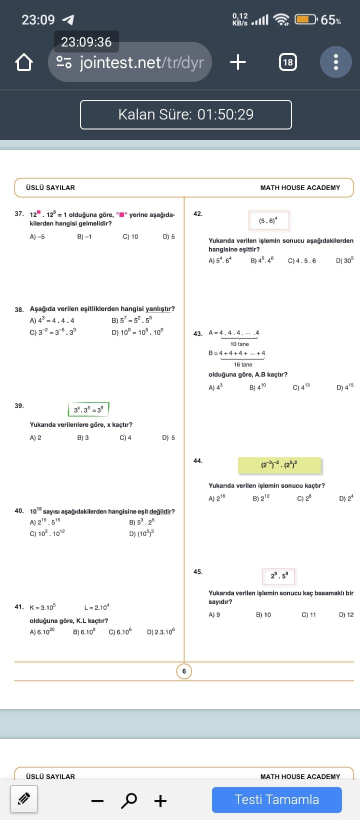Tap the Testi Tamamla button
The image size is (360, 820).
[x=276, y=799]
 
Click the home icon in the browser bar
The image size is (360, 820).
[x=23, y=62]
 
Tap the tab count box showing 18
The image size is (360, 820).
[x=287, y=62]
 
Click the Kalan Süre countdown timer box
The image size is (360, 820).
[x=185, y=114]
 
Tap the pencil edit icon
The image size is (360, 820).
[x=24, y=799]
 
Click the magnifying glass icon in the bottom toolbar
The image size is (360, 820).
[x=129, y=800]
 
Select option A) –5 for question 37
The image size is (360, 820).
[x=37, y=236]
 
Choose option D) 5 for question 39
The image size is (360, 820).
[x=168, y=437]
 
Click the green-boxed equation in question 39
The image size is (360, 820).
[x=88, y=409]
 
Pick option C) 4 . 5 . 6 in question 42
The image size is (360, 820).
[x=302, y=260]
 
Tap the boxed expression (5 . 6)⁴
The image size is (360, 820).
[x=268, y=220]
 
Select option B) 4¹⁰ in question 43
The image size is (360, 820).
[x=258, y=387]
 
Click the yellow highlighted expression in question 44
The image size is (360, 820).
[x=279, y=465]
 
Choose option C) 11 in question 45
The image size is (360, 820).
[x=308, y=614]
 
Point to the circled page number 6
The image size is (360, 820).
[x=184, y=671]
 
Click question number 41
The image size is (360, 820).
[x=19, y=607]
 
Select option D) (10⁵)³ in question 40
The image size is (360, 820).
[x=141, y=533]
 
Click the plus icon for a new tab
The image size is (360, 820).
[x=238, y=62]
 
